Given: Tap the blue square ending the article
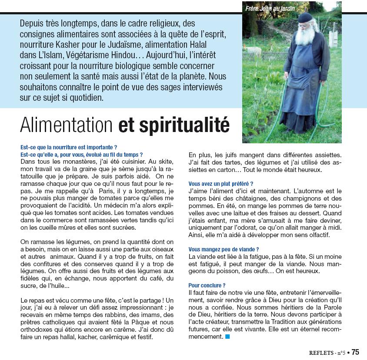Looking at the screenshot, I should coord(227,337).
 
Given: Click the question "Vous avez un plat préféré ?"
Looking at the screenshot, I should coord(221,184).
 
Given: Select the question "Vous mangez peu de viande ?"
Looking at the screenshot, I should coord(224,249).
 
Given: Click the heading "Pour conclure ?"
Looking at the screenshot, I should coord(207,285).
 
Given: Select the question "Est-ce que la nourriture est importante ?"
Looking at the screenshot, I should coord(69,147).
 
